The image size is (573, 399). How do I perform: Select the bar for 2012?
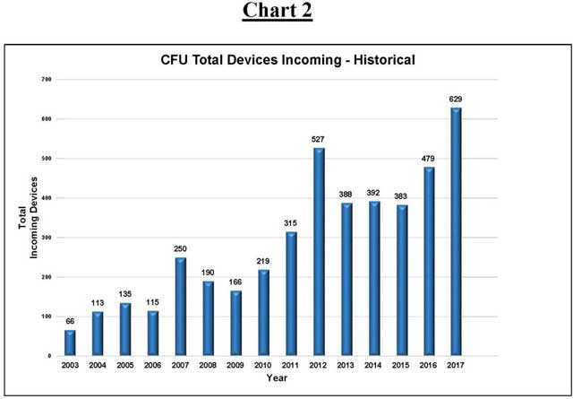point(318,252)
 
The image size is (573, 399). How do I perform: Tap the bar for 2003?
point(71,343)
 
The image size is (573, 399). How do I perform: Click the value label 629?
point(456,99)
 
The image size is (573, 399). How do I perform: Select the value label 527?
point(318,139)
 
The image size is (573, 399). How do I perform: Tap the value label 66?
point(71,321)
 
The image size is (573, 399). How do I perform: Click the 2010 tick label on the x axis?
point(263,366)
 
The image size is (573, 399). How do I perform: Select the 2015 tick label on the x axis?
point(400,366)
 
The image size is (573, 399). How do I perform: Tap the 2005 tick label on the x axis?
point(125,366)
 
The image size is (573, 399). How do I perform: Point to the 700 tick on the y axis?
point(47,80)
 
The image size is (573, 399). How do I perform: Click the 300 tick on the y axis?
point(47,238)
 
